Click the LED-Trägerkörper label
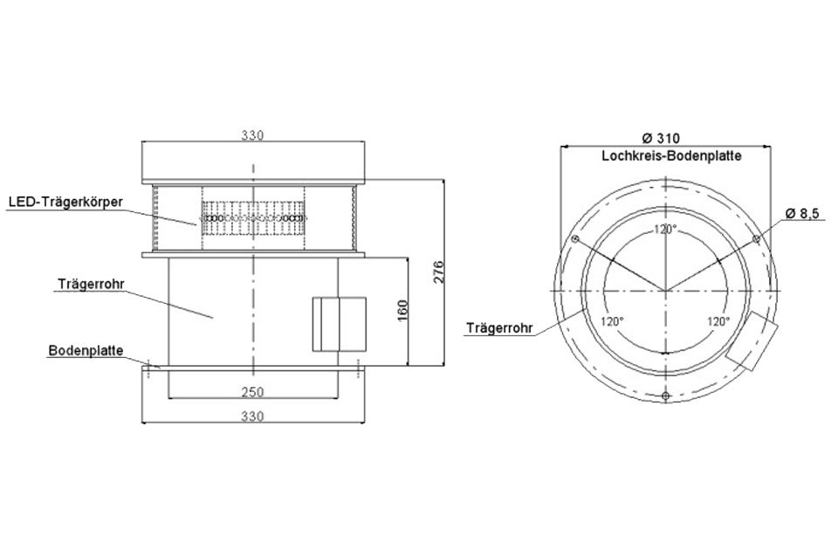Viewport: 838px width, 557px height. pyautogui.click(x=65, y=202)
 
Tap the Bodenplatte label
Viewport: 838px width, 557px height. pyautogui.click(x=86, y=351)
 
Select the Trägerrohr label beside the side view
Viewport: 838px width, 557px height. pyautogui.click(x=91, y=284)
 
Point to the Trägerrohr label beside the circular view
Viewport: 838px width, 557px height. pyautogui.click(x=499, y=327)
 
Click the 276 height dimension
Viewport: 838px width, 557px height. pyautogui.click(x=438, y=272)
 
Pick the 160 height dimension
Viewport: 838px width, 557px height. pyautogui.click(x=403, y=311)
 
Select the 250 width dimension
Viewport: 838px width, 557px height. pyautogui.click(x=252, y=392)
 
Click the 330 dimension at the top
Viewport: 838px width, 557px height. pyautogui.click(x=252, y=135)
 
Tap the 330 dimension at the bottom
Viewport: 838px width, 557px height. pyautogui.click(x=252, y=416)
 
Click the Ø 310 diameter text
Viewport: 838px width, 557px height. pyautogui.click(x=661, y=139)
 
